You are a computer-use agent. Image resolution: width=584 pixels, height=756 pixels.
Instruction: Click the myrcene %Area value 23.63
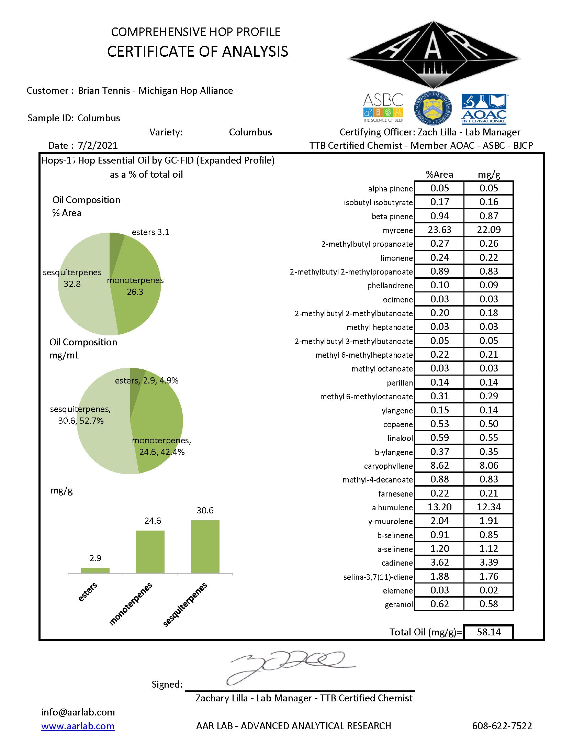(439, 230)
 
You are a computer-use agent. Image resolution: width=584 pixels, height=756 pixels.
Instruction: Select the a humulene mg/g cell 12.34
(488, 507)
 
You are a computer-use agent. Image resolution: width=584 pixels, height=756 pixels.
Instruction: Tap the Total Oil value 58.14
(488, 632)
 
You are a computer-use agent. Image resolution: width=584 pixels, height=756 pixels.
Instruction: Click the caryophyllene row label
(388, 466)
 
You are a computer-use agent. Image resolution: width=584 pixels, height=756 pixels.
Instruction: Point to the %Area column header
(439, 175)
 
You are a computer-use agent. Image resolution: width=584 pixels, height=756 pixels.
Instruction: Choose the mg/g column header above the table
(489, 175)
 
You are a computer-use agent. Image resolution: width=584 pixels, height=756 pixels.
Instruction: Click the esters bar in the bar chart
(95, 570)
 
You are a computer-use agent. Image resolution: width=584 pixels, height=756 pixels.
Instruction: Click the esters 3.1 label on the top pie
(150, 232)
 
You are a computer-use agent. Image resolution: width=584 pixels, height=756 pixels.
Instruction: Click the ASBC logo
(383, 107)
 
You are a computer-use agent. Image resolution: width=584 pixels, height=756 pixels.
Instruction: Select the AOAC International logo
(484, 109)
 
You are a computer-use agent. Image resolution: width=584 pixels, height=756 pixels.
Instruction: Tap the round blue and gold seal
(433, 109)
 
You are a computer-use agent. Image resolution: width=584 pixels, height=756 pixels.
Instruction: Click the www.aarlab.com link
(78, 726)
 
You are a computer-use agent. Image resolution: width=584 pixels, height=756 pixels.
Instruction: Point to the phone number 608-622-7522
(502, 726)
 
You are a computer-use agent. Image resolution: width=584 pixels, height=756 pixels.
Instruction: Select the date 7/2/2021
(98, 145)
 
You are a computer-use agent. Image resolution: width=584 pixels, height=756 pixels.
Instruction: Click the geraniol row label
(398, 605)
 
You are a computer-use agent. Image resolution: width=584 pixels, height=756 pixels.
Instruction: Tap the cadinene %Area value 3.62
(439, 563)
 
